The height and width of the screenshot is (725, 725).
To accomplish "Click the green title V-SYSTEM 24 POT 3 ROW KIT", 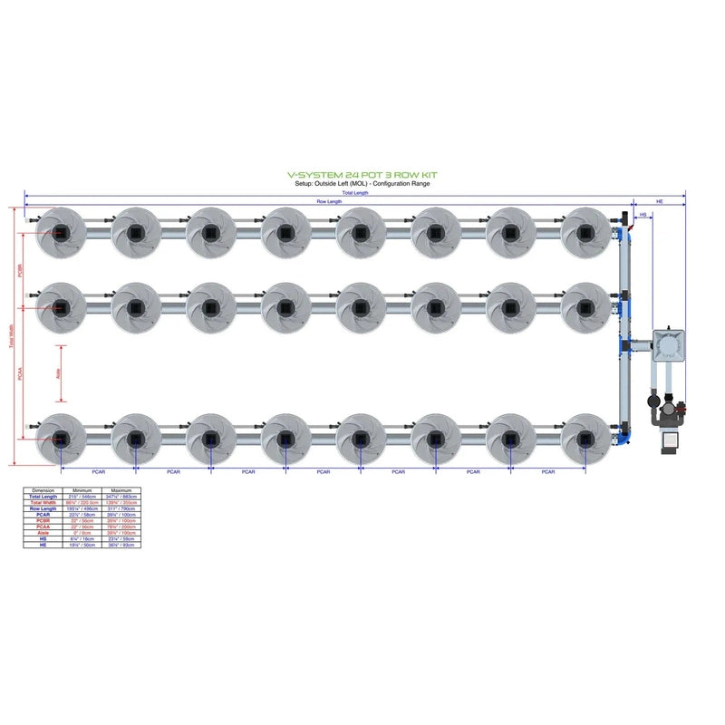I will pos(362,178).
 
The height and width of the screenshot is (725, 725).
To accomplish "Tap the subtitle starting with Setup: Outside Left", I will pos(362,184).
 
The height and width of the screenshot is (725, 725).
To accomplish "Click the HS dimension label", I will pos(643,216).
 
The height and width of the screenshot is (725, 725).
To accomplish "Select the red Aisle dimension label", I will pos(57,372).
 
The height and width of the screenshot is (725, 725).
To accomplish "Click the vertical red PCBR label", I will pos(20,272).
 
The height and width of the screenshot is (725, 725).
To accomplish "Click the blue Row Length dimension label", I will pos(329,201).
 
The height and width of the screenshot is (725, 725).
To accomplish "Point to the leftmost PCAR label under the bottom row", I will pos(98,472).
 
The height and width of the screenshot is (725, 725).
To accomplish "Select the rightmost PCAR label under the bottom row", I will pos(547,472).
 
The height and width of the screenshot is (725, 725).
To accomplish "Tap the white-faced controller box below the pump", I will pos(672,440).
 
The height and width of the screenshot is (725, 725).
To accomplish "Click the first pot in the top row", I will pos(61,233).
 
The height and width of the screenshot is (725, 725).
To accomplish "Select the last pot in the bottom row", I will pos(585,439).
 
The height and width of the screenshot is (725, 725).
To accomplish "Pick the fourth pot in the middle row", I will pos(285,307).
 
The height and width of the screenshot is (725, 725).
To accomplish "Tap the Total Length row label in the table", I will pos(43,497).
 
